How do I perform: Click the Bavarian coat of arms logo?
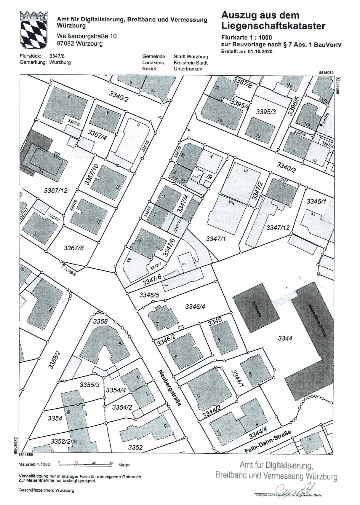(x=33, y=31)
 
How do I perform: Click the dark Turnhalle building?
(x=256, y=308)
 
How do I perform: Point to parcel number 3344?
(x=285, y=338)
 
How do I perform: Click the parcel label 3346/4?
(x=195, y=306)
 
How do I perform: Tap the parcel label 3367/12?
(x=55, y=190)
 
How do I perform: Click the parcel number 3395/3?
(x=266, y=112)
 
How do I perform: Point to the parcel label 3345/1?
(x=316, y=202)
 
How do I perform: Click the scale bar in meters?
(x=85, y=464)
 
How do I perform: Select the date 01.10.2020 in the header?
(x=260, y=51)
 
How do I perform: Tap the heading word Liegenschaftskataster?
(x=273, y=26)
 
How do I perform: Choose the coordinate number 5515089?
(x=326, y=72)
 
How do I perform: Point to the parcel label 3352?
(x=135, y=447)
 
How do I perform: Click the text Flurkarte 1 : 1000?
(x=246, y=38)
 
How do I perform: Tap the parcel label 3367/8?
(x=73, y=248)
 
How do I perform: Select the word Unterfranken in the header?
(x=188, y=68)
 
